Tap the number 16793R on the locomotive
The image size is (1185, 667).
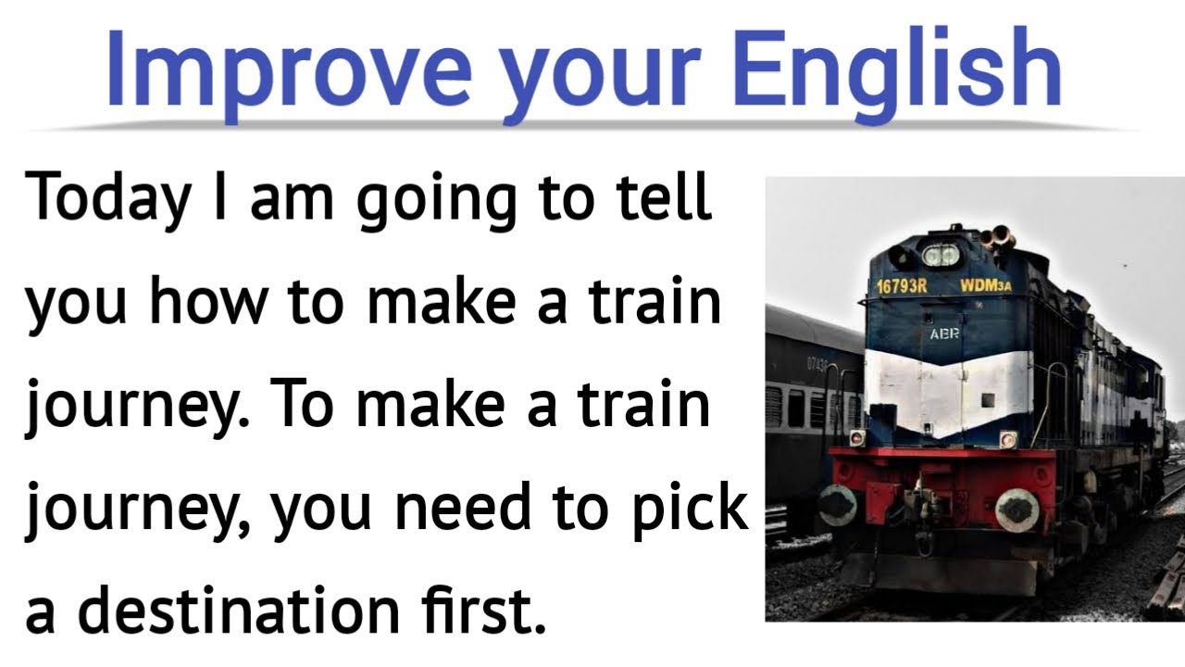coord(901,285)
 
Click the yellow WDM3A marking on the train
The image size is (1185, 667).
coord(985,285)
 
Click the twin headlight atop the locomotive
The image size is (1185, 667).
coord(941,253)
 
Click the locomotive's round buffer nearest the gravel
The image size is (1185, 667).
coord(1017,510)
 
